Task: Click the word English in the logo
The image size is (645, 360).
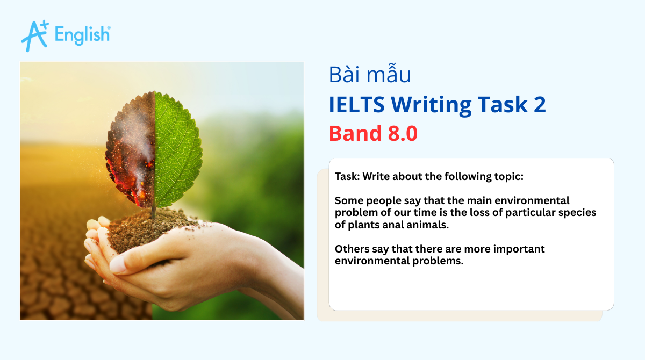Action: click(83, 35)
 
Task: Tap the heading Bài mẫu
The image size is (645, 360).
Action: click(370, 75)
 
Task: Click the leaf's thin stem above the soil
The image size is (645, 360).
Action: click(154, 211)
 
